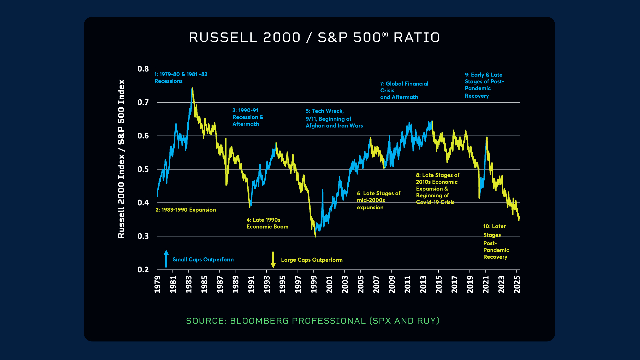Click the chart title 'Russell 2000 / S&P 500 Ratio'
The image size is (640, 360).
pos(314,37)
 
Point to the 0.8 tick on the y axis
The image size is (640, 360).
pos(143,69)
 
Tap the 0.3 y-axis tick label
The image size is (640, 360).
pos(143,236)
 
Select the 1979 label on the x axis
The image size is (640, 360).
pos(157,284)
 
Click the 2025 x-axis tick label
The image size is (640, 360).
pos(517,284)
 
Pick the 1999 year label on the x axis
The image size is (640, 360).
pos(314,284)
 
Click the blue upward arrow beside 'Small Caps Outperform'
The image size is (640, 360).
pos(166,259)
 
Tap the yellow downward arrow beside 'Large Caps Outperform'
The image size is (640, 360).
pos(273,260)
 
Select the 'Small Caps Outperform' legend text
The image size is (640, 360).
pos(203,260)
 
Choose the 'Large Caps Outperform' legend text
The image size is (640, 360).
pos(312,260)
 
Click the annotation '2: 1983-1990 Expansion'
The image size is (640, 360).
pos(186,210)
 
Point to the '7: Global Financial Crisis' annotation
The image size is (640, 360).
pos(404,90)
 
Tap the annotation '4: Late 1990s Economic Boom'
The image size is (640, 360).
pos(267,223)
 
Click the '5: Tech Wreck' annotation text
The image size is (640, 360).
pos(334,118)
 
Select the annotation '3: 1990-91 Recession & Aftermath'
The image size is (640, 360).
pos(248,117)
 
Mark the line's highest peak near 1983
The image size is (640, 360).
pos(192,89)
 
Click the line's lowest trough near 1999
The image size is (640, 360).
pos(315,236)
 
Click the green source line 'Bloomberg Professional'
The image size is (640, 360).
pos(312,321)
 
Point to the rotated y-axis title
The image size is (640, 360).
pos(121,159)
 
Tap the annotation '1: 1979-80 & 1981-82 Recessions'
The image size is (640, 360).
pos(181,78)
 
